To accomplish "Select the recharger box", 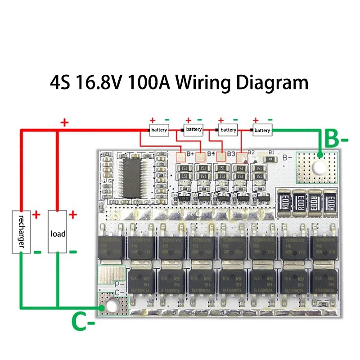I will tap(21, 231).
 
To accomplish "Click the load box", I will tap(58, 234).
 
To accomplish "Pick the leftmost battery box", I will tap(159, 130).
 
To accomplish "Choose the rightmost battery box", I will tap(262, 130).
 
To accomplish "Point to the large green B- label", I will tap(337, 140).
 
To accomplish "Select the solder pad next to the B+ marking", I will tap(181, 157).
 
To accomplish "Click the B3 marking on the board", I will tap(231, 153).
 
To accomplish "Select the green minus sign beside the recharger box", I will tap(37, 252).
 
